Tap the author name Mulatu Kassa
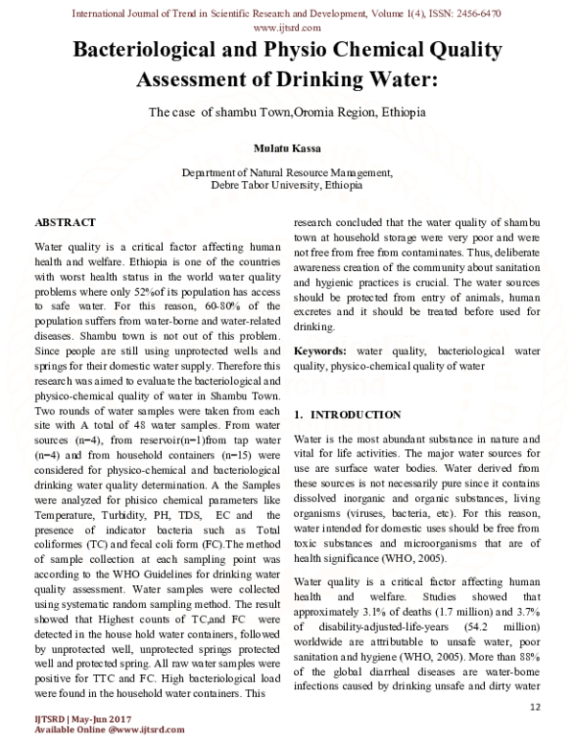pos(287,149)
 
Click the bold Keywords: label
pos(320,351)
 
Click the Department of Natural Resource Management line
pos(287,172)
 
